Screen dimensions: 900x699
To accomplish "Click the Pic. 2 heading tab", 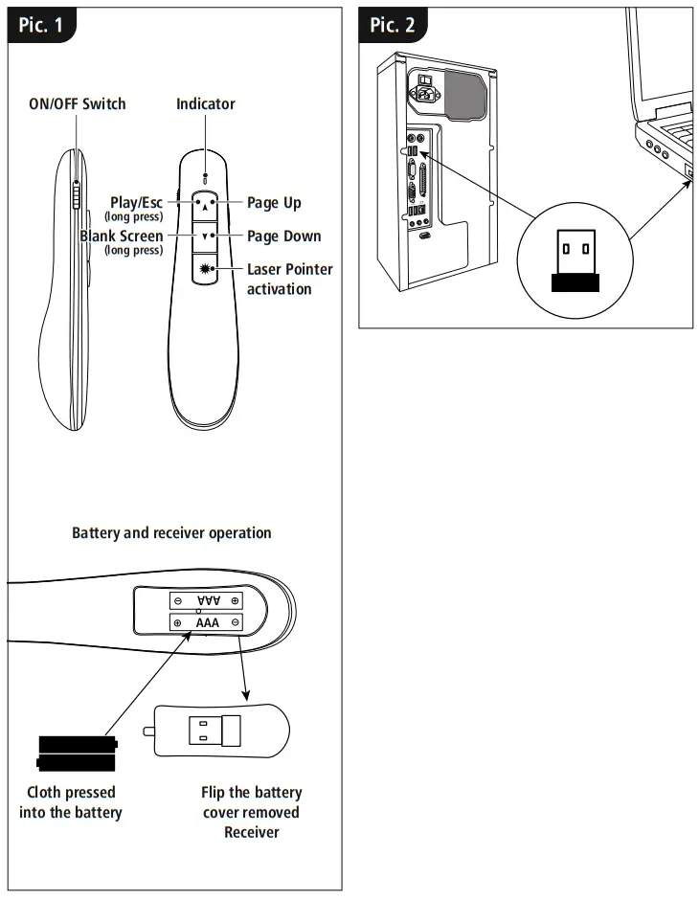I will click(393, 25).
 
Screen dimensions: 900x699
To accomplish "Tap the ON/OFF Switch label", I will click(77, 103).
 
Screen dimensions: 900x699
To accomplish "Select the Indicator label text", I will click(205, 103).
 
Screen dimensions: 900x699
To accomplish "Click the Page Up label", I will click(274, 203).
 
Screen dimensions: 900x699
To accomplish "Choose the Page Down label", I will click(283, 236).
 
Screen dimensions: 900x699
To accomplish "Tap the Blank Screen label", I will click(122, 236).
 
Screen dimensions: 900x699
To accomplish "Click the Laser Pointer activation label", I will click(289, 279).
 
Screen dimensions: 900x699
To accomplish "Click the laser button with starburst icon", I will click(206, 269).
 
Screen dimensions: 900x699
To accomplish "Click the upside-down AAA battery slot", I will click(207, 600).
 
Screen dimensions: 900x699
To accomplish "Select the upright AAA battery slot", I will click(207, 622).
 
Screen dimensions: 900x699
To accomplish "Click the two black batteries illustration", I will click(77, 753).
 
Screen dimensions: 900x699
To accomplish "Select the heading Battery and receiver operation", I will click(171, 532).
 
